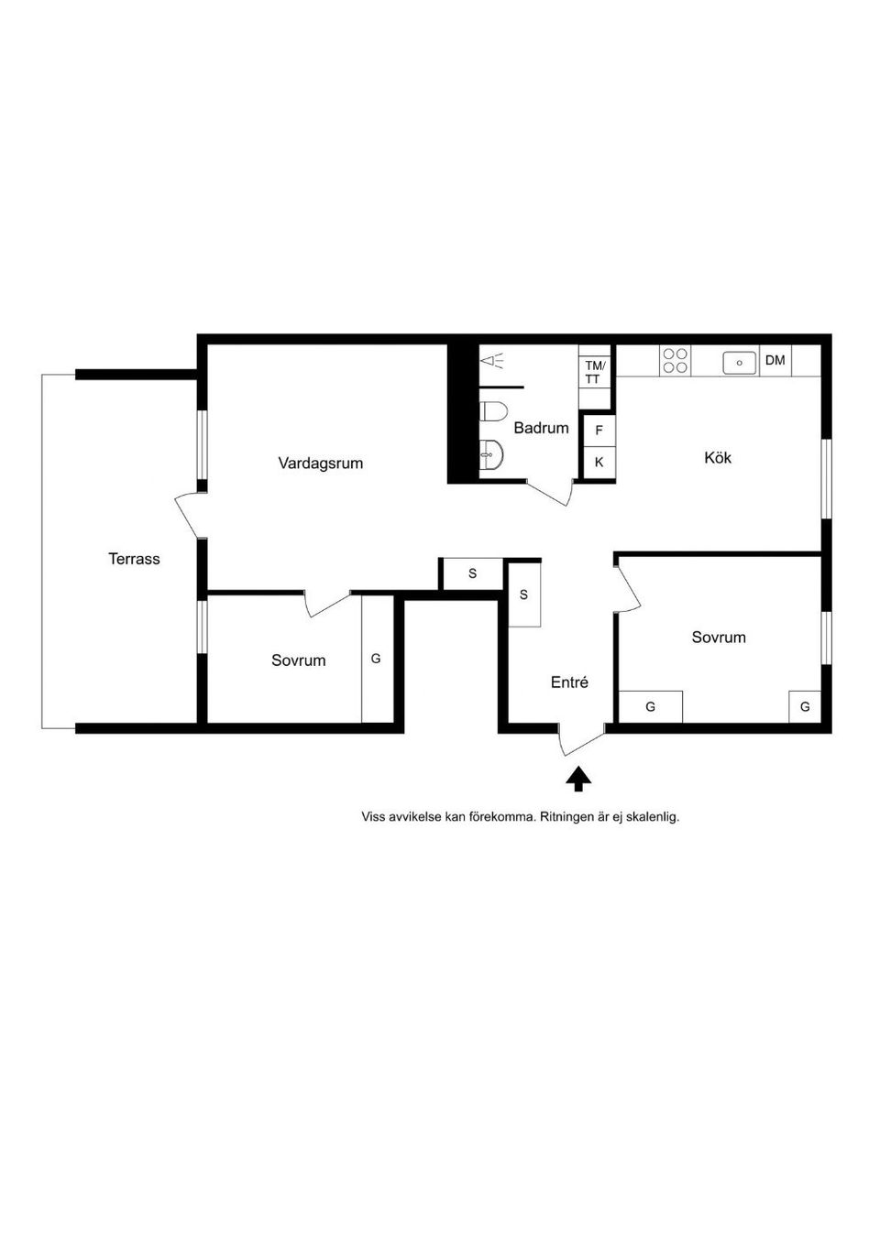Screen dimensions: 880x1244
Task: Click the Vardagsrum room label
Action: point(321,464)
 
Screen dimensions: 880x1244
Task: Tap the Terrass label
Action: point(134,559)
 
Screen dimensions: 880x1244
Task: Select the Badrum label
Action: point(541,428)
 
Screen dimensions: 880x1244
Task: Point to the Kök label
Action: point(718,458)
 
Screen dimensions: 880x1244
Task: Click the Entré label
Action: point(569,682)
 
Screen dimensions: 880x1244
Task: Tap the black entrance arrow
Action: point(579,780)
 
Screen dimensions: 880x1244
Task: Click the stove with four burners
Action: point(675,360)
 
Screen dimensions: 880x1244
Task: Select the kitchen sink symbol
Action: point(740,363)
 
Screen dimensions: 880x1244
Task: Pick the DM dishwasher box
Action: point(775,360)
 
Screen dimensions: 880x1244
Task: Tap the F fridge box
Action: point(599,431)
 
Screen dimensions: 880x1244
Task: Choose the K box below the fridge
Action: point(599,462)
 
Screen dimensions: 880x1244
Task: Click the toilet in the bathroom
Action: point(493,412)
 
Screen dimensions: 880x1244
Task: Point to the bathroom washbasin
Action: point(491,453)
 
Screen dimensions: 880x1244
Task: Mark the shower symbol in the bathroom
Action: point(492,361)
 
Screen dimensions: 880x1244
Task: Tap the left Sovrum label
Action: point(298,660)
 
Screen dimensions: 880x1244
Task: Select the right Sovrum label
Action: point(719,637)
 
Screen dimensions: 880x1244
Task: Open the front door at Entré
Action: point(581,741)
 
